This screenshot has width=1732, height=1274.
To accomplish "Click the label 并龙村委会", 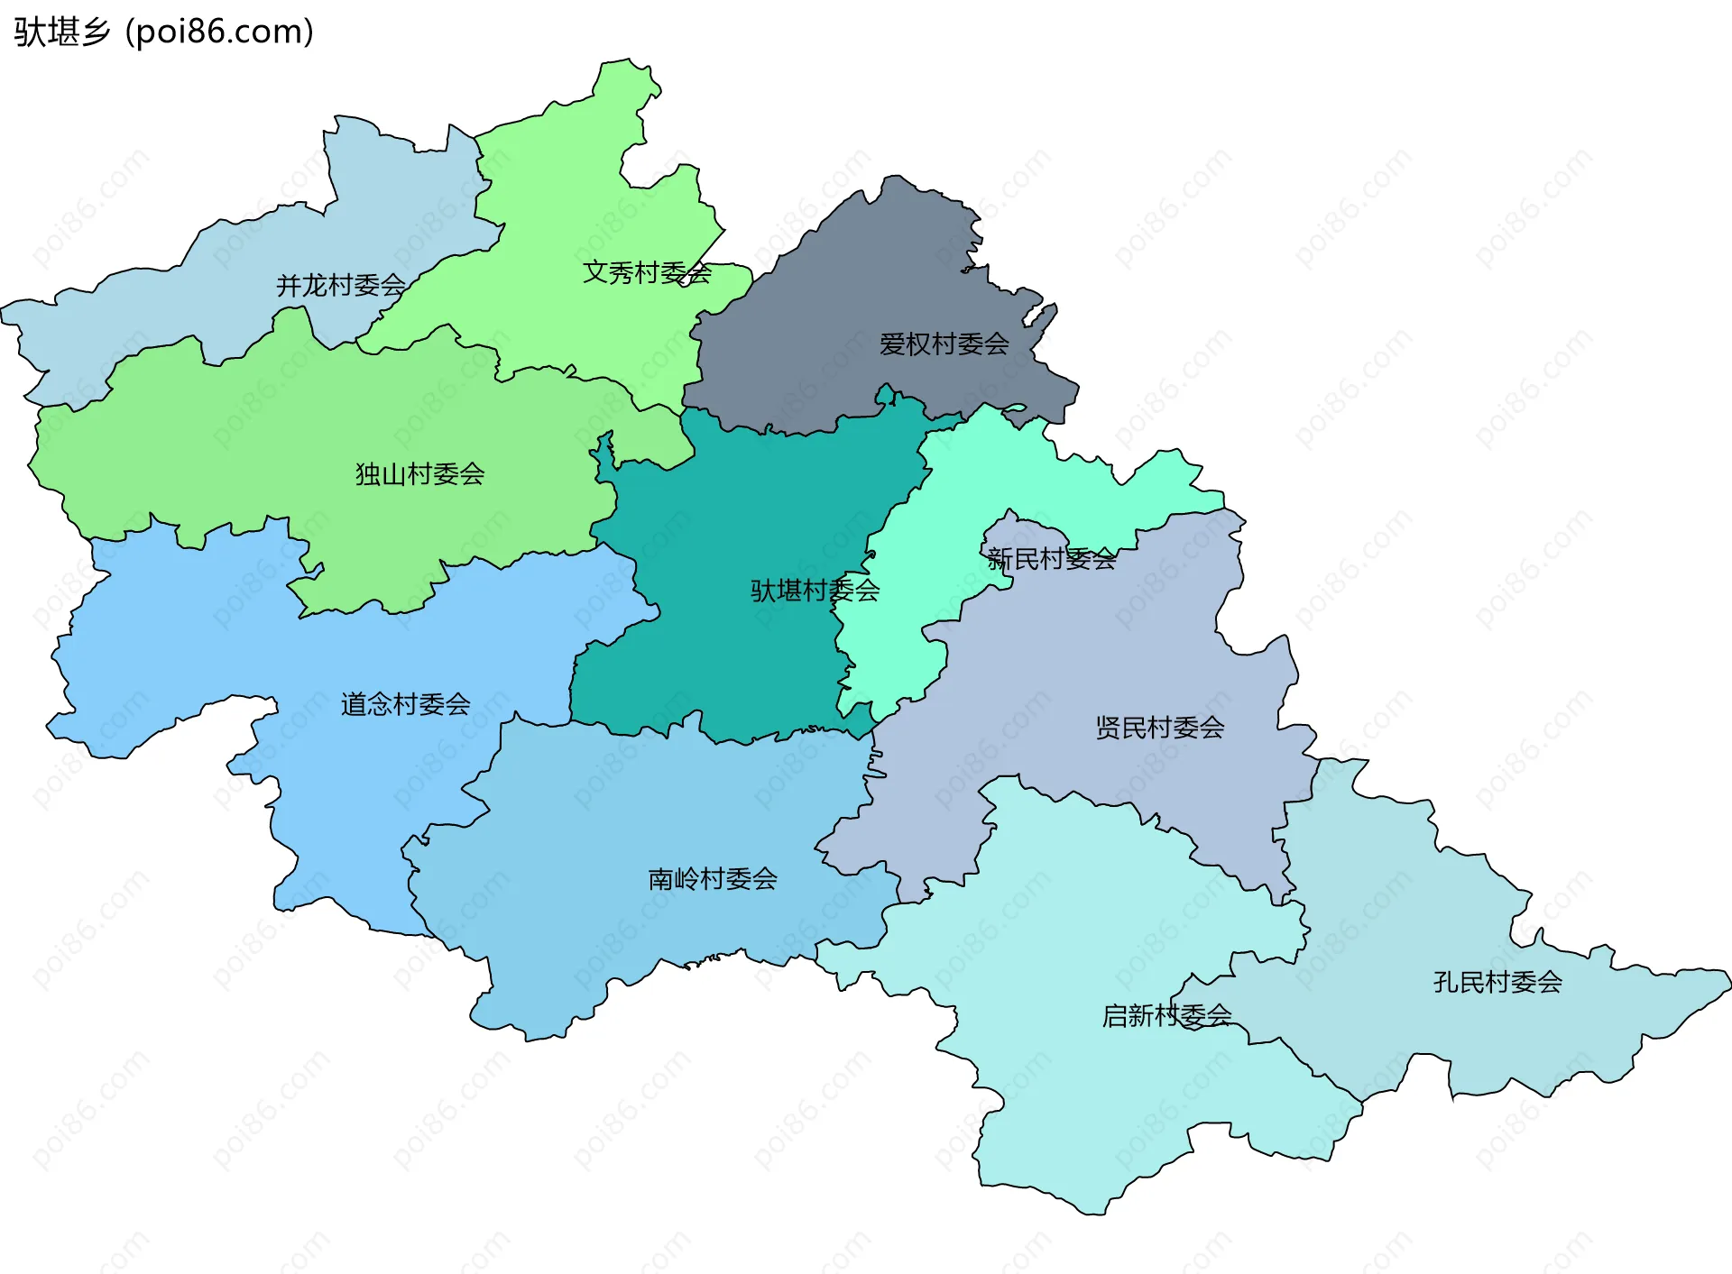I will point(340,286).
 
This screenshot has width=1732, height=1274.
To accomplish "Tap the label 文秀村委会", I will point(647,272).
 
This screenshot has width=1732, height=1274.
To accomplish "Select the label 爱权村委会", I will point(944,344).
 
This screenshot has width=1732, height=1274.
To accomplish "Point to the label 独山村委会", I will point(419,474).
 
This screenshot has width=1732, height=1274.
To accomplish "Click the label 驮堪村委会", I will point(815,591).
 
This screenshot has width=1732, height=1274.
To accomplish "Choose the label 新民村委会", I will point(1051,560).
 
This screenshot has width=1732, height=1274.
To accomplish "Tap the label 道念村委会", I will point(405,704).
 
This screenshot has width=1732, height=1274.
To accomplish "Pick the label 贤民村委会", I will point(1159,728).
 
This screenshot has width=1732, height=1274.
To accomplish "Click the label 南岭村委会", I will point(713,879).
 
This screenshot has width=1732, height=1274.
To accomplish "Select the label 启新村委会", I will point(1166,1016).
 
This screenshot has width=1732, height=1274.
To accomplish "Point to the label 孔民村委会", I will point(1497,982).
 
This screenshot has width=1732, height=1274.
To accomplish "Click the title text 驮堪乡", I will point(61,32).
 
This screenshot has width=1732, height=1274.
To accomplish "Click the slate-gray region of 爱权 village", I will point(866,289).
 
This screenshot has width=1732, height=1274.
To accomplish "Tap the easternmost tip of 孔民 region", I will point(1729,978).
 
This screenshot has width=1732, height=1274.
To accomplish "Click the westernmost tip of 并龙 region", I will point(3,311).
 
